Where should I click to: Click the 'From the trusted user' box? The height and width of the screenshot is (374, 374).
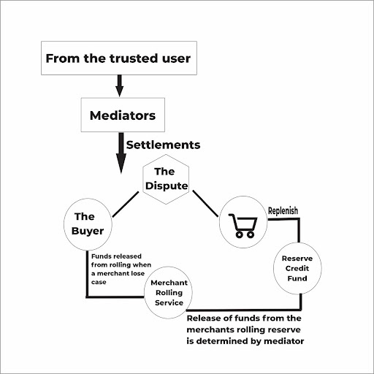click(x=119, y=58)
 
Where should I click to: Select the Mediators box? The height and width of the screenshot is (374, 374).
click(x=123, y=115)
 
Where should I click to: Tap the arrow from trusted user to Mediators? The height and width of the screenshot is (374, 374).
click(x=119, y=85)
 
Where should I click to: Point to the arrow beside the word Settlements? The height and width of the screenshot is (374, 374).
click(x=121, y=153)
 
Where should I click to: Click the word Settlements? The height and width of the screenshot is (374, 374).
click(x=163, y=145)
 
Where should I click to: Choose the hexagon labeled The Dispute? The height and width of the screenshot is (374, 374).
click(x=166, y=179)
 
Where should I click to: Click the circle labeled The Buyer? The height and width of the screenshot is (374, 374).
click(x=88, y=224)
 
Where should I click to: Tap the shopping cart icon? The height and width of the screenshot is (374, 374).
click(x=243, y=226)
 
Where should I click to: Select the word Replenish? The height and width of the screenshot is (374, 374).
click(x=283, y=211)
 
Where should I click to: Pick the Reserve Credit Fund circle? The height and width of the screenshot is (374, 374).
click(x=297, y=268)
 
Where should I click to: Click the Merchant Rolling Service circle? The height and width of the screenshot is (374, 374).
click(x=168, y=292)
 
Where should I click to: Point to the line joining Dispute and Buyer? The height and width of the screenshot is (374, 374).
click(x=126, y=205)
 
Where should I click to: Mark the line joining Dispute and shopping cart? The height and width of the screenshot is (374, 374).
click(x=205, y=204)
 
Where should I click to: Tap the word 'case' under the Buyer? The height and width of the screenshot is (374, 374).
click(x=99, y=282)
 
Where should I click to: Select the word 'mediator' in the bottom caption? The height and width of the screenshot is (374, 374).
click(x=284, y=341)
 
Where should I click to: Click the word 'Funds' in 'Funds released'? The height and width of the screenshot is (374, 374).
click(x=101, y=256)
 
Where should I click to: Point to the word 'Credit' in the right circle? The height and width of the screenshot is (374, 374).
click(x=297, y=268)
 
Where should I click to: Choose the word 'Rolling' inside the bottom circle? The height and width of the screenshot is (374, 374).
click(x=169, y=293)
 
